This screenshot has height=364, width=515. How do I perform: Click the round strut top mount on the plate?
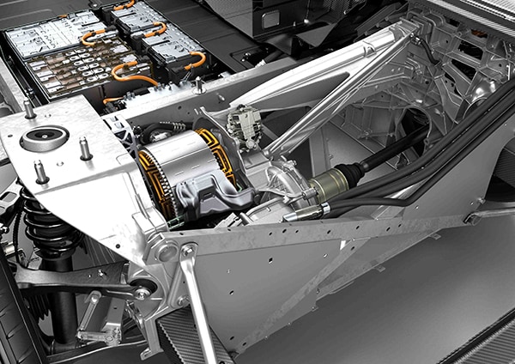45,138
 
